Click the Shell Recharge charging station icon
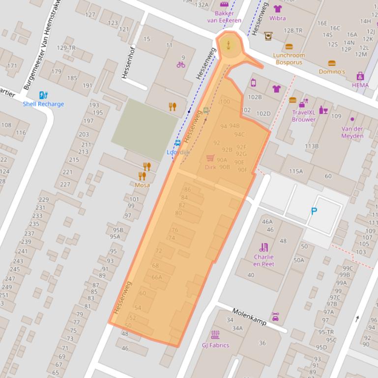click(x=43, y=95)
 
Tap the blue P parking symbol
click(x=314, y=212)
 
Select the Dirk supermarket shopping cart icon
click(x=210, y=158)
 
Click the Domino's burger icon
click(x=332, y=63)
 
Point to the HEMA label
click(x=360, y=85)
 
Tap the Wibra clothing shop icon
click(x=277, y=9)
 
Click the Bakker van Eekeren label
click(x=224, y=17)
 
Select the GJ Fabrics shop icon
click(x=215, y=335)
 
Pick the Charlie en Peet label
click(x=264, y=260)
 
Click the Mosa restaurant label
click(x=142, y=185)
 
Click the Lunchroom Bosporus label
click(x=290, y=59)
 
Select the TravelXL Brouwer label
click(x=304, y=116)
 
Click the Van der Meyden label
click(x=352, y=132)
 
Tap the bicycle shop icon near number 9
click(x=181, y=64)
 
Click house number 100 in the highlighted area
click(x=225, y=102)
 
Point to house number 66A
click(x=156, y=277)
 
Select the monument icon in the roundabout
click(x=228, y=44)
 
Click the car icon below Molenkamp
click(x=275, y=317)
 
